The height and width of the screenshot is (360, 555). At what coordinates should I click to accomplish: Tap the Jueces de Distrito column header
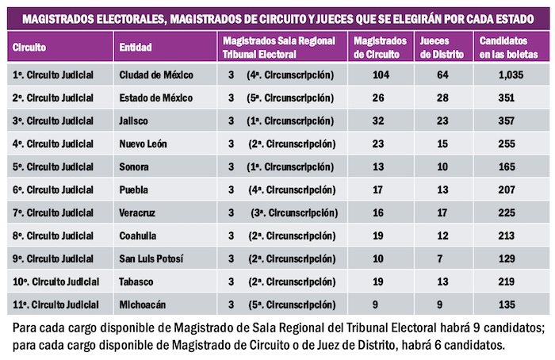click(439, 48)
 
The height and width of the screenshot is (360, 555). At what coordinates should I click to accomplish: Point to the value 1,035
click(501, 75)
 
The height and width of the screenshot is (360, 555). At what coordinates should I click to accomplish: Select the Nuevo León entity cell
click(143, 144)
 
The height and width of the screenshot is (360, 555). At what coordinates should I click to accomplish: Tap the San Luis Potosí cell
click(150, 259)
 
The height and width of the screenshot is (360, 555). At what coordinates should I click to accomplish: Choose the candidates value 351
click(501, 98)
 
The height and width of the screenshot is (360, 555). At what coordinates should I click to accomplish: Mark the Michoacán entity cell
click(142, 305)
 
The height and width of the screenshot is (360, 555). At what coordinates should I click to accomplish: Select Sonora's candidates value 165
click(501, 167)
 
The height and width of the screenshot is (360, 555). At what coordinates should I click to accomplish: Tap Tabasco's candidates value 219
click(501, 282)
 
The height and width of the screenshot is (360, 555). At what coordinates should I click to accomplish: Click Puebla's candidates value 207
click(501, 190)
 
